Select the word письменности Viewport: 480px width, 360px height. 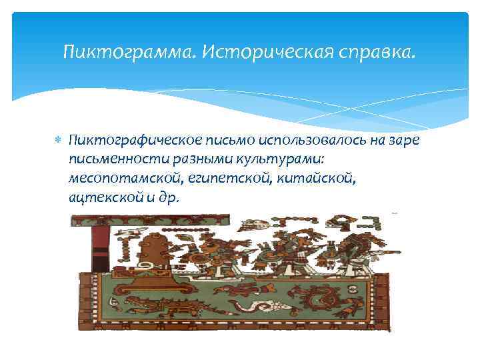[113, 159]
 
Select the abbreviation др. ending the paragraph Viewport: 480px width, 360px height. [177, 198]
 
